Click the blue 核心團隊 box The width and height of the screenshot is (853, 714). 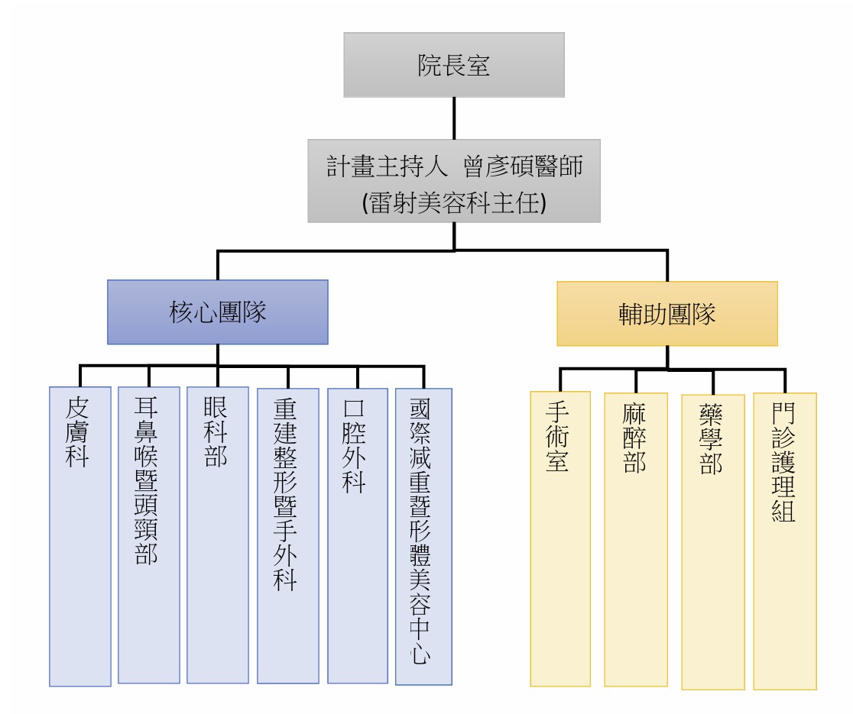click(217, 312)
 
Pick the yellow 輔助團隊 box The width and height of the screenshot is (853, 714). click(667, 314)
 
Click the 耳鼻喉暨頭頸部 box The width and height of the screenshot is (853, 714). click(148, 534)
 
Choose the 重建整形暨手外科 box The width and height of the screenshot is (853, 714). click(287, 535)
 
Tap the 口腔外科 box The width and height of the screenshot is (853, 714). click(357, 534)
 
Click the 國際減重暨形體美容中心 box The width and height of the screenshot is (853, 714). click(424, 535)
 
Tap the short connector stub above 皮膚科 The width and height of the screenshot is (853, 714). click(80, 376)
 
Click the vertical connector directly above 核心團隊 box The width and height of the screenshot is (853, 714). click(218, 264)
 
